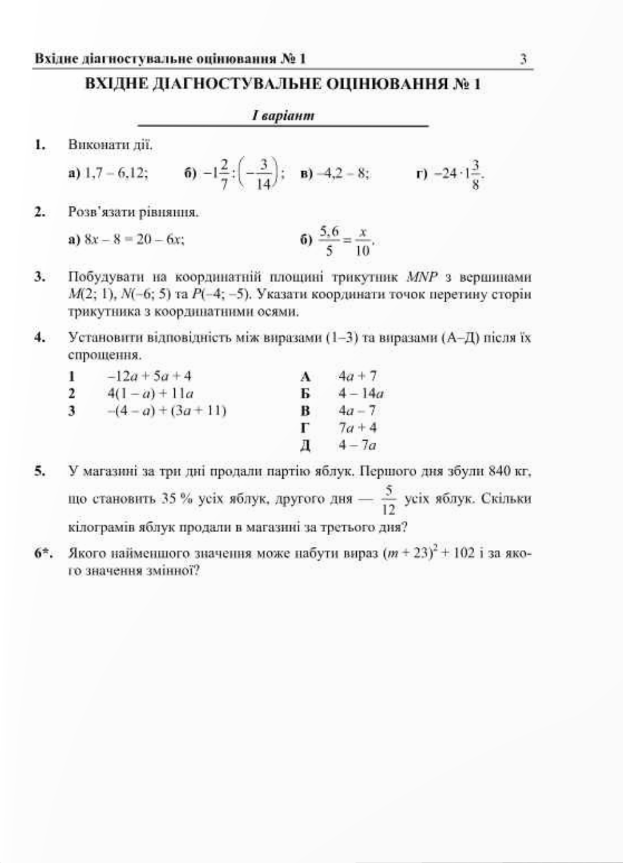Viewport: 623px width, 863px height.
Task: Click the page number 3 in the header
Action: [x=523, y=59]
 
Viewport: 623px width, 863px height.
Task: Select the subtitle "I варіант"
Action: [x=284, y=116]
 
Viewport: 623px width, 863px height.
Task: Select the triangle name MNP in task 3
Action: [x=422, y=277]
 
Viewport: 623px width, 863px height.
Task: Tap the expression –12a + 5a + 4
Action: [x=149, y=376]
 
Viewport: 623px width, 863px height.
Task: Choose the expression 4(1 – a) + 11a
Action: [x=150, y=393]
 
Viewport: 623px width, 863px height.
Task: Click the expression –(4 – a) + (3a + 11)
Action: [x=166, y=410]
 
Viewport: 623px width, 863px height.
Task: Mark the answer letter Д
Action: [x=306, y=445]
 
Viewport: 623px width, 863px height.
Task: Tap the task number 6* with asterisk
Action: [x=43, y=554]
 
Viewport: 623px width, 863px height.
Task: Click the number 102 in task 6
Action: [x=464, y=554]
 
